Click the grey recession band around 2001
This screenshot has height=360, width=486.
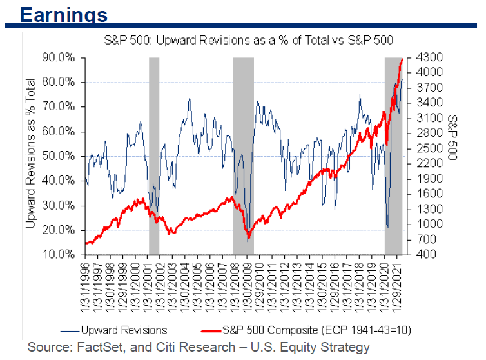pos(154,155)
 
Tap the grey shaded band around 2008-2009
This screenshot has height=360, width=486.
pos(244,155)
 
